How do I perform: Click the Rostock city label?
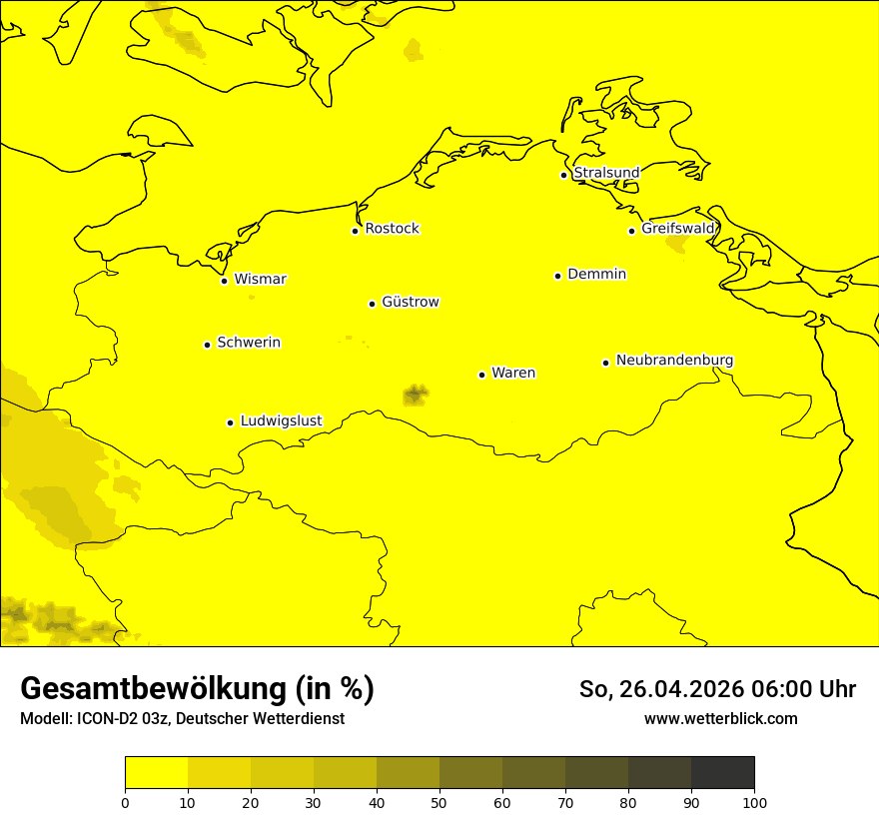pyautogui.click(x=392, y=229)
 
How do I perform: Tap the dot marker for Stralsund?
pyautogui.click(x=563, y=175)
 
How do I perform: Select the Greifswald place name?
pyautogui.click(x=678, y=229)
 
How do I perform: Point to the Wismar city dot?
pyautogui.click(x=224, y=281)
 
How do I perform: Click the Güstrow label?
pyautogui.click(x=410, y=302)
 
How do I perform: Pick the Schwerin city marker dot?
pyautogui.click(x=207, y=345)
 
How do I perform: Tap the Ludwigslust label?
pyautogui.click(x=281, y=420)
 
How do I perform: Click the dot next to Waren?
pyautogui.click(x=481, y=375)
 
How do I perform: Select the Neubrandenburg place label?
pyautogui.click(x=674, y=360)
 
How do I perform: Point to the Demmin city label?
pyautogui.click(x=596, y=274)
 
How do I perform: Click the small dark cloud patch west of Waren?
pyautogui.click(x=415, y=395)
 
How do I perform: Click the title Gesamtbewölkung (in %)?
pyautogui.click(x=197, y=689)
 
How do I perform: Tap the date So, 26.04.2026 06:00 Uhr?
pyautogui.click(x=717, y=689)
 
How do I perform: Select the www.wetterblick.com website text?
pyautogui.click(x=720, y=718)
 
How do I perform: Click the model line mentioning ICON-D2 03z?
pyautogui.click(x=182, y=718)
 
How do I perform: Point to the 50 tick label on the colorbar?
pyautogui.click(x=439, y=802)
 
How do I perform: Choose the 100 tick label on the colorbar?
pyautogui.click(x=754, y=802)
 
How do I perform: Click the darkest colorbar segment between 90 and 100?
pyautogui.click(x=722, y=772)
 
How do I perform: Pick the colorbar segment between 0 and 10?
pyautogui.click(x=156, y=772)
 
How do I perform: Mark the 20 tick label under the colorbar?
pyautogui.click(x=251, y=802)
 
